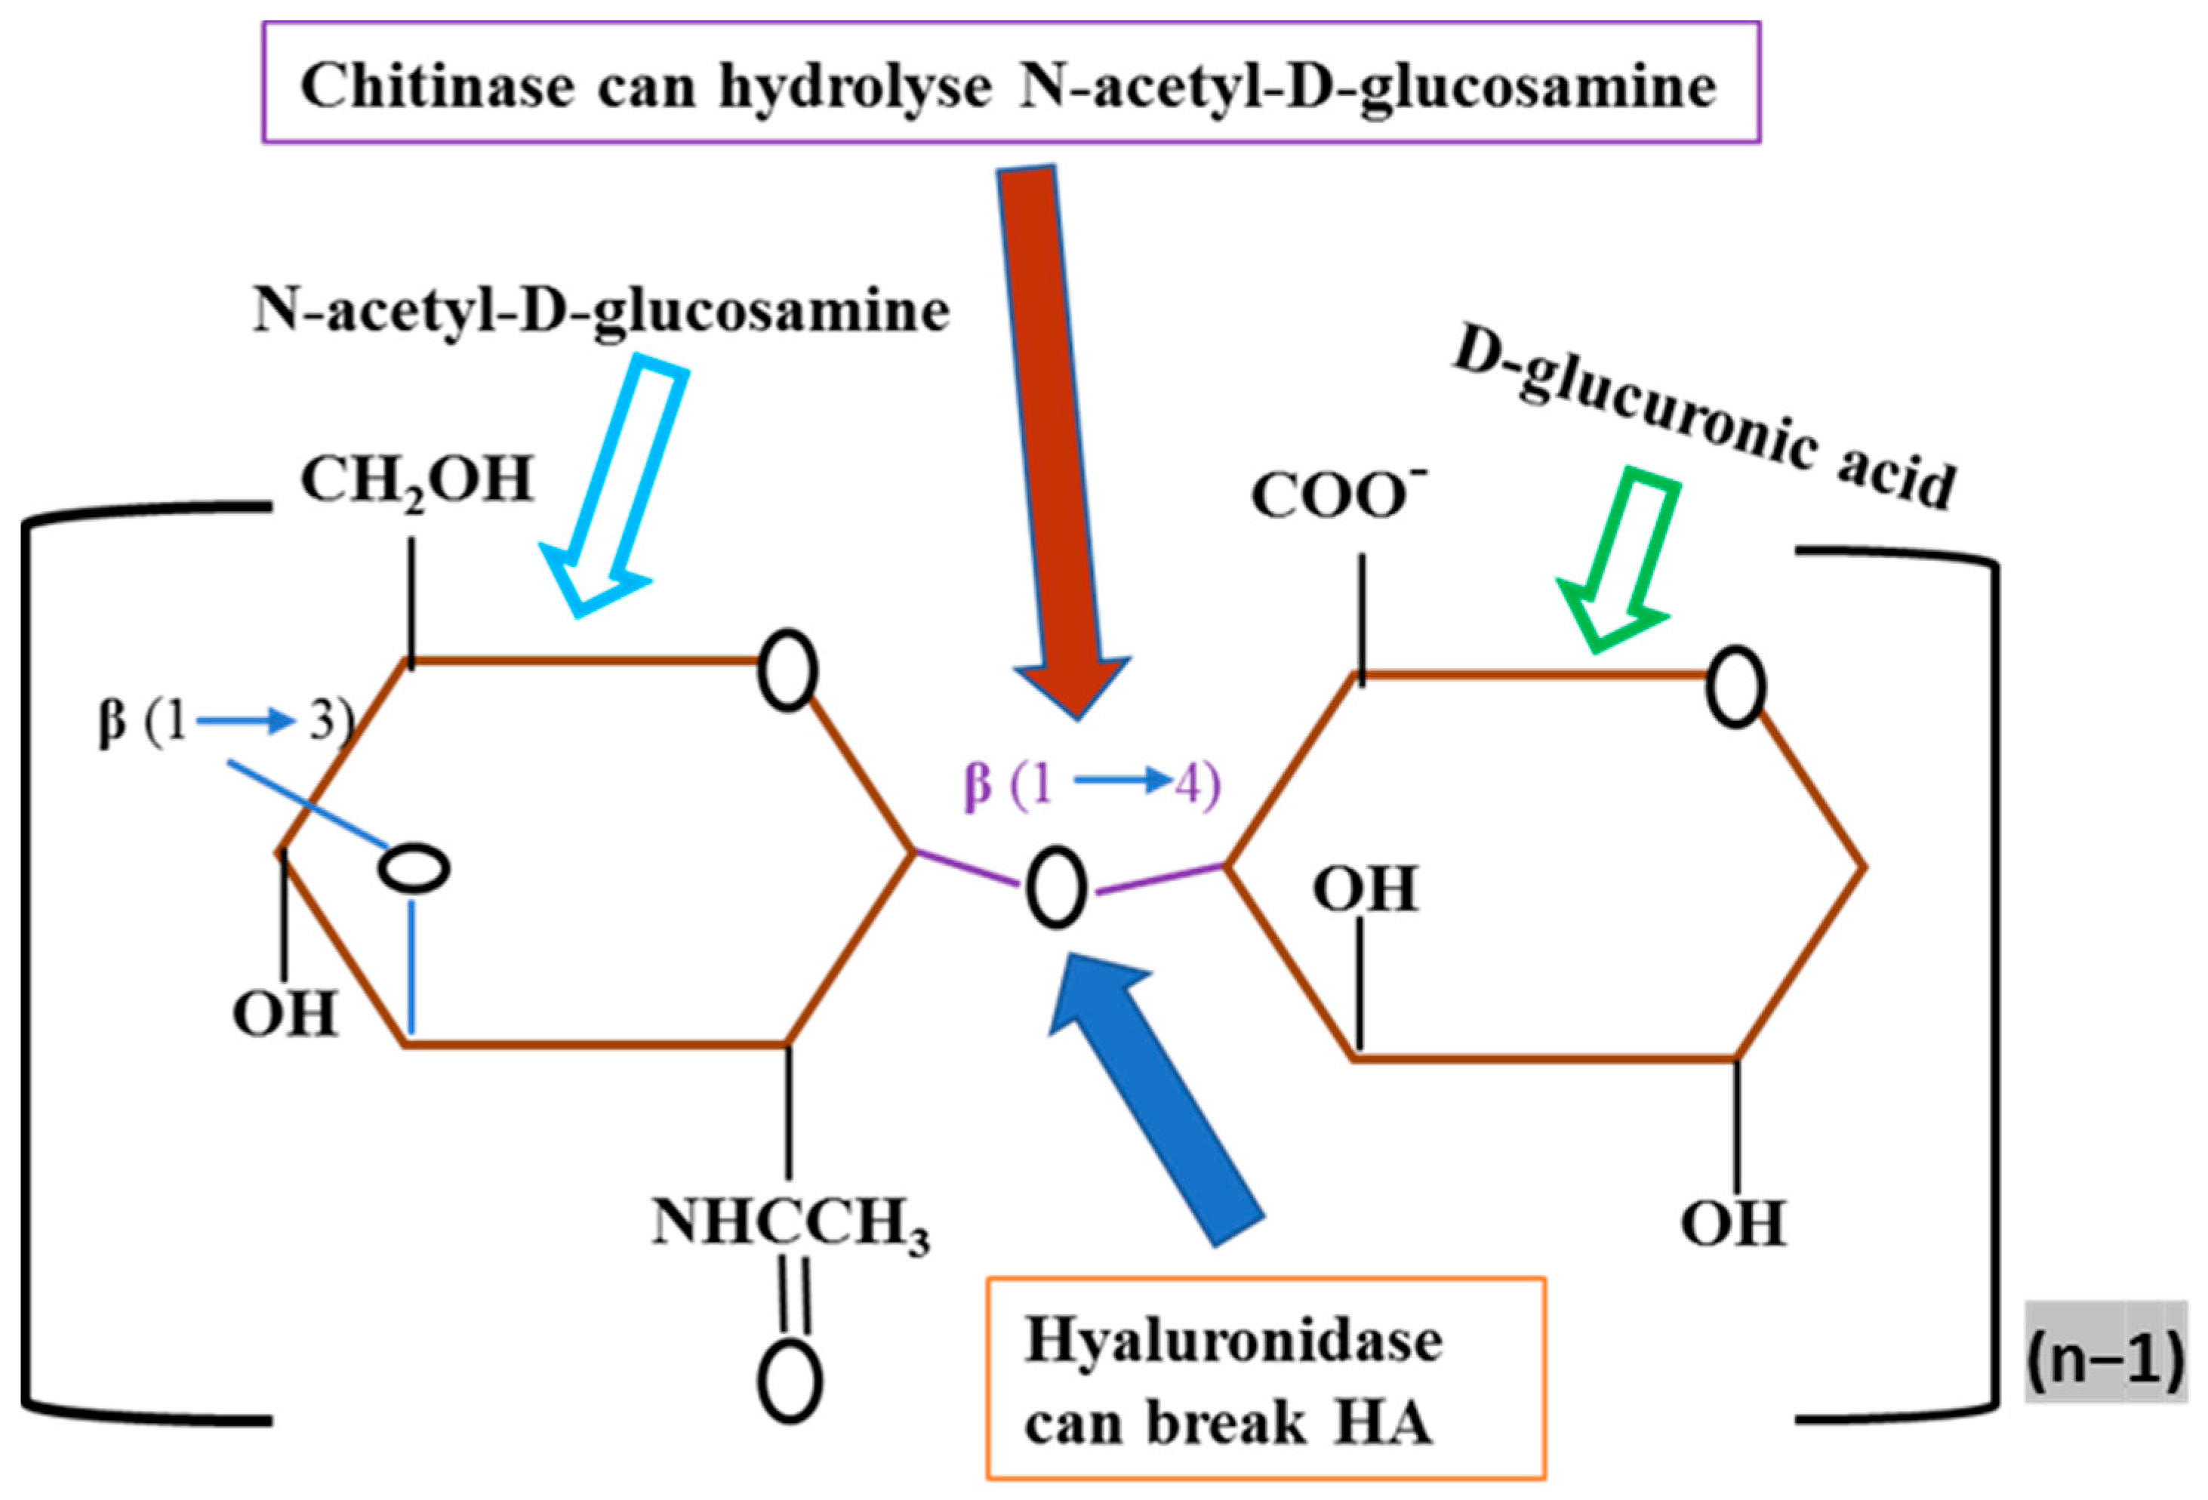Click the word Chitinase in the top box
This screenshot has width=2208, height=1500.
tap(437, 88)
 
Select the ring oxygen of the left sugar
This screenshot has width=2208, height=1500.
tap(787, 670)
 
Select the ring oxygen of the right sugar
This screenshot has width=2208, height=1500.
tap(1735, 687)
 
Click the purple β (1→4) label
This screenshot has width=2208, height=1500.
tap(1092, 786)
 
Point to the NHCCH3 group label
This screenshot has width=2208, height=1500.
tap(790, 1224)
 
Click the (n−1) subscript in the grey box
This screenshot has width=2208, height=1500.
tap(2105, 1363)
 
